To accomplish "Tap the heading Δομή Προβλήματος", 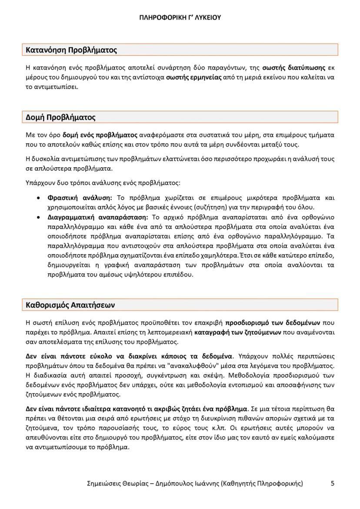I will coord(61,117).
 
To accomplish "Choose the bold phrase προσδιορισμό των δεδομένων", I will coord(273,323).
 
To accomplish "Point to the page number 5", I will coord(333,483).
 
